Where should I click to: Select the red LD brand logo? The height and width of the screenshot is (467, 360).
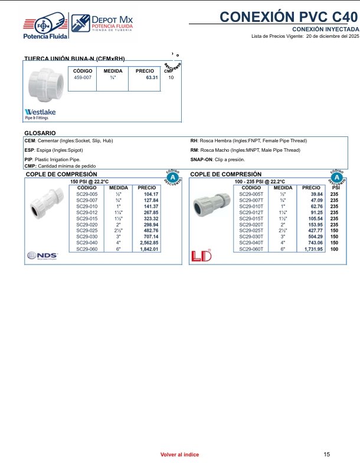click(201, 256)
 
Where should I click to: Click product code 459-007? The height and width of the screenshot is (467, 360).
click(83, 77)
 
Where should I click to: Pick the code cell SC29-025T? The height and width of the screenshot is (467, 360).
click(251, 231)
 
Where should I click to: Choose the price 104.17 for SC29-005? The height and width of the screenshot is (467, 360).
click(150, 194)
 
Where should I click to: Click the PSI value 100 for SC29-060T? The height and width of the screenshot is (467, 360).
click(334, 249)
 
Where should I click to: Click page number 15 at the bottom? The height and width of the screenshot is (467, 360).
click(327, 454)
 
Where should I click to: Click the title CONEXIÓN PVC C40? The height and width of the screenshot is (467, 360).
click(289, 17)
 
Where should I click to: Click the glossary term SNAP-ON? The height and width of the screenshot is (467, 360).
click(201, 159)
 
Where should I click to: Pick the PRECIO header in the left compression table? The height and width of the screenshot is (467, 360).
click(146, 187)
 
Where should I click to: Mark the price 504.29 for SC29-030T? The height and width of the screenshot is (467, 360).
click(314, 237)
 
